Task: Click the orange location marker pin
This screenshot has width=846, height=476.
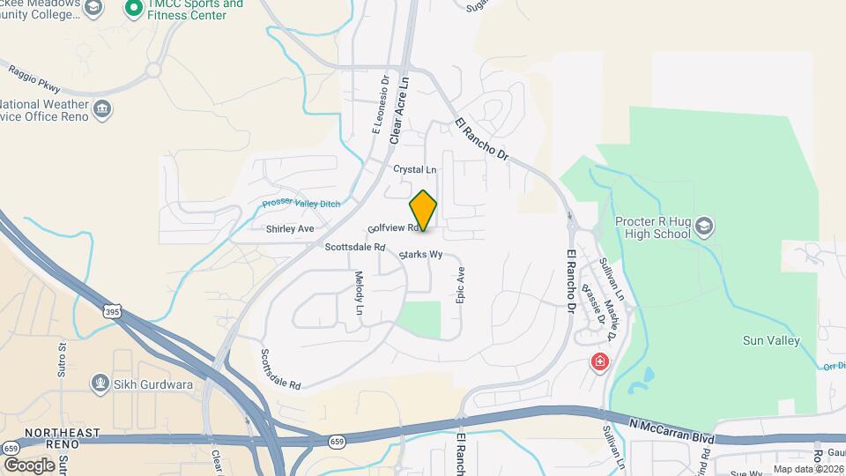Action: pos(423,211)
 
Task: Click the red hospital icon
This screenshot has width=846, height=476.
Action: pos(600,361)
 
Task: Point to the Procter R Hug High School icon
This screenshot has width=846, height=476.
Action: pos(703,227)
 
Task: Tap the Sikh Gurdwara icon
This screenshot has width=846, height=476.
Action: pos(100,383)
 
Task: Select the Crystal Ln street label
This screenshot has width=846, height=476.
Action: pos(415,169)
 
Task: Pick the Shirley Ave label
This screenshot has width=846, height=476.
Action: pos(290,228)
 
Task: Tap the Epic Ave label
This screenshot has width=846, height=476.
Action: pos(460,286)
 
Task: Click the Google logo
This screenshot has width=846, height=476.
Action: pos(29,465)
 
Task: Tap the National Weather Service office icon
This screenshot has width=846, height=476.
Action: pos(102,108)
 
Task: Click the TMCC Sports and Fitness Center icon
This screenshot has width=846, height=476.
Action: pos(134,9)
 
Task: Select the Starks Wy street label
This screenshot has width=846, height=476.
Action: pos(419,255)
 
